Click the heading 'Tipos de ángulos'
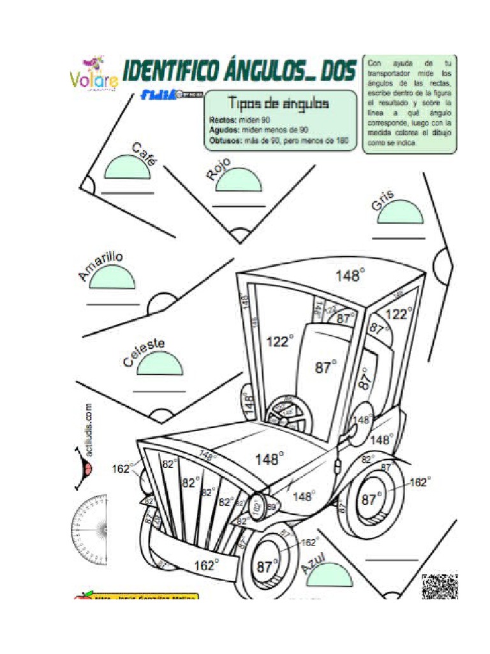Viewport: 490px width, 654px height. click(x=279, y=103)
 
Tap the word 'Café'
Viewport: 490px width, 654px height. click(x=144, y=154)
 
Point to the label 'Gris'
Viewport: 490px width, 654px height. click(x=382, y=201)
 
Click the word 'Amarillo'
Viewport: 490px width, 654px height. click(x=100, y=266)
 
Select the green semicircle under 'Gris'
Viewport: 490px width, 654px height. click(x=400, y=213)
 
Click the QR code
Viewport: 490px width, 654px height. click(x=440, y=586)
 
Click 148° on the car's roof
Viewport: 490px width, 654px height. click(x=350, y=276)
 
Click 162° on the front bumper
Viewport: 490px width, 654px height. click(x=206, y=565)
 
